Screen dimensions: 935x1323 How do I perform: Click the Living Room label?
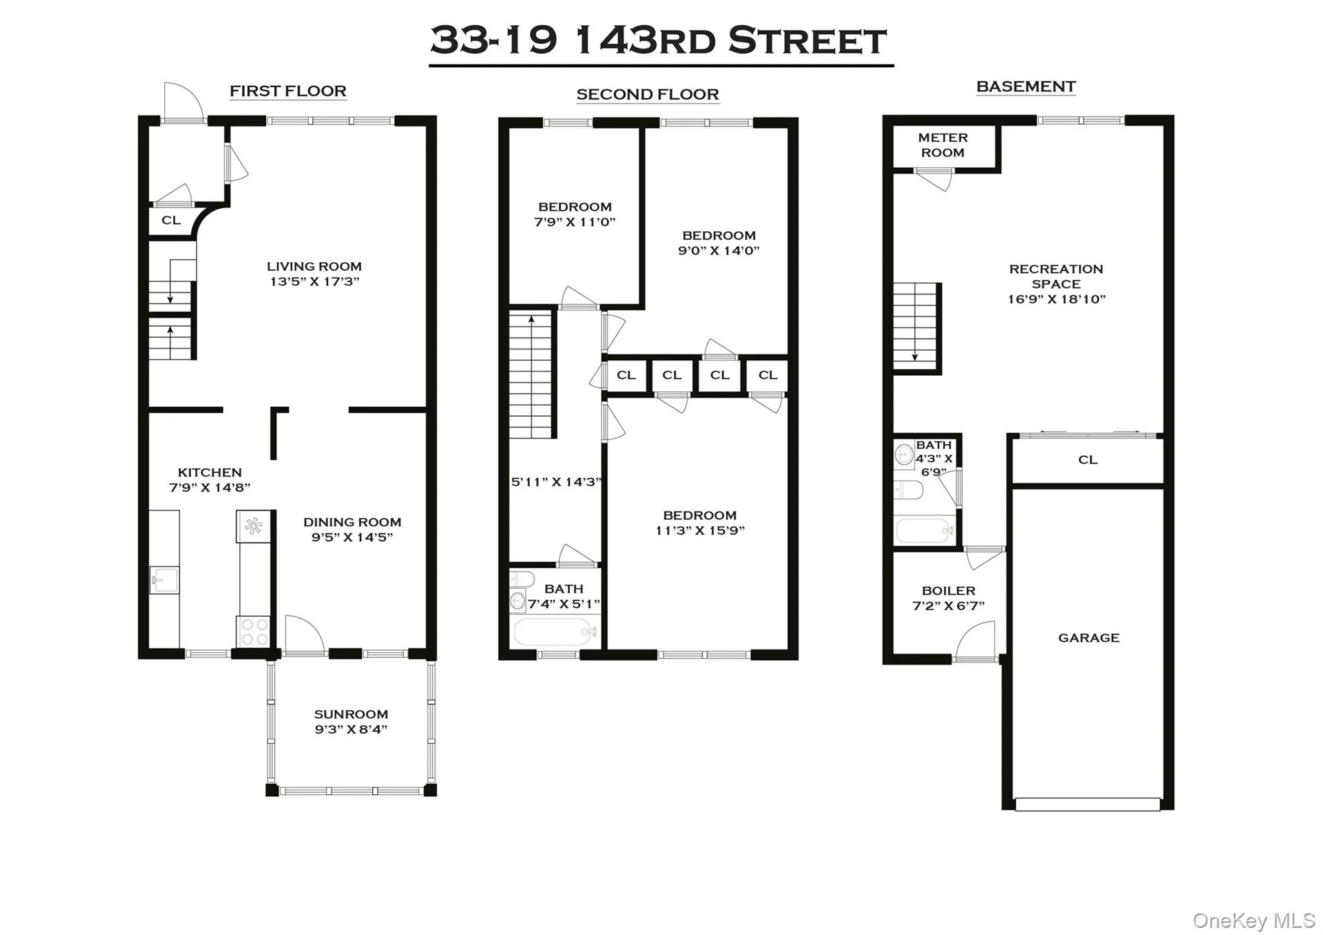pos(314,266)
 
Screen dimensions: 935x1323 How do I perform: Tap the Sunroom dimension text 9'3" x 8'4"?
pos(351,730)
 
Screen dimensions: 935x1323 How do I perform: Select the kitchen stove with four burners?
pos(253,632)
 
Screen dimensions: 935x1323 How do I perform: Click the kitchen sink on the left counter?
pos(164,580)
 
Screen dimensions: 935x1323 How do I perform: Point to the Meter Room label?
pos(943,145)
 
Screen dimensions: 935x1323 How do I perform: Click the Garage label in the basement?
pos(1089,638)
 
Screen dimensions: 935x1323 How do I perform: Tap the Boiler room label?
pos(948,591)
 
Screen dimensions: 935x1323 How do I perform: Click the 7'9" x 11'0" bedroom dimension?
pos(574,222)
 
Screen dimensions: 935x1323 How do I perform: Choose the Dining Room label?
pos(352,522)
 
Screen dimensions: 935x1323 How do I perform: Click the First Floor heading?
pos(288,91)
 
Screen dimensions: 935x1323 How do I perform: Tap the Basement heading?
pos(1026,87)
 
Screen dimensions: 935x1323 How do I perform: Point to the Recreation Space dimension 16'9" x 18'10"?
pos(1056,300)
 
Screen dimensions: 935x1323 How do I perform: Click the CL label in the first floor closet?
pos(171,220)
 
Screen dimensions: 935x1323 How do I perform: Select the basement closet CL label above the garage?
pos(1088,460)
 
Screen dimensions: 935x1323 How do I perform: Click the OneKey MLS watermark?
pos(1253,920)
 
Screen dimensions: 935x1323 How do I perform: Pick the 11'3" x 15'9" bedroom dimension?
pos(700,531)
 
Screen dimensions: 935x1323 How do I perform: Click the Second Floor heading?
pos(647,95)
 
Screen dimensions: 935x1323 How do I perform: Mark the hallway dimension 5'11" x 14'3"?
pos(556,482)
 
